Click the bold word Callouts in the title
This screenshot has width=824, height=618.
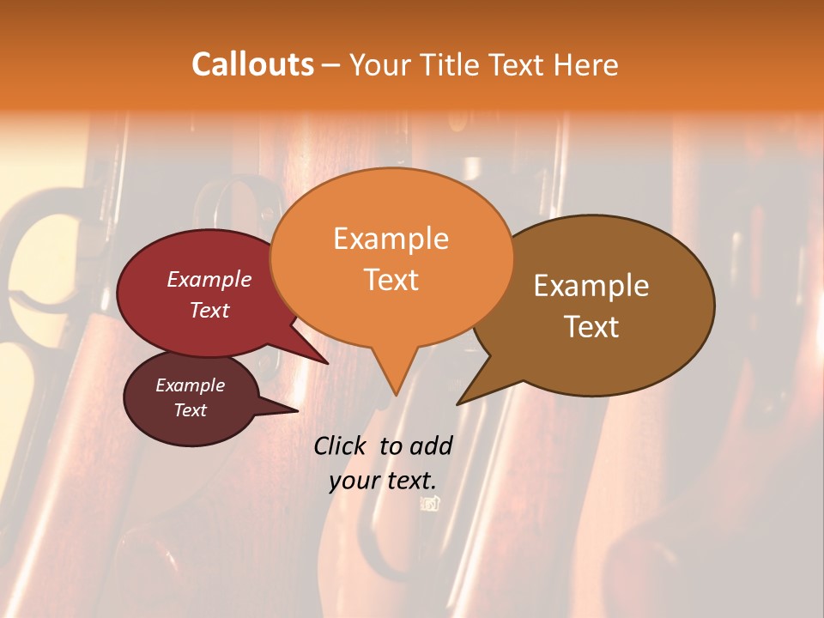coord(252,64)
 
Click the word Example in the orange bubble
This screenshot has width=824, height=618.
coord(391,239)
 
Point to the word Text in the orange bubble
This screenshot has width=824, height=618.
coord(391,280)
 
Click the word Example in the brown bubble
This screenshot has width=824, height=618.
coord(591,286)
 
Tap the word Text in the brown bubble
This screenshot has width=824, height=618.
coord(591,327)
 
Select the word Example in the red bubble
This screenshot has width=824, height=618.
coord(209,279)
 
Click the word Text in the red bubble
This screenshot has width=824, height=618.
coord(209,310)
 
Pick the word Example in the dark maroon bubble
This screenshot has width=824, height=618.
coord(190,385)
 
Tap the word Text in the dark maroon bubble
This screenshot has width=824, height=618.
coord(190,410)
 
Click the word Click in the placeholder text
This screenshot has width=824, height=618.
coord(341,445)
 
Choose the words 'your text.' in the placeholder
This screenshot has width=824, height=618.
coord(382,481)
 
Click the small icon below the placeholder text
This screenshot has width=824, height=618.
coord(429,504)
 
